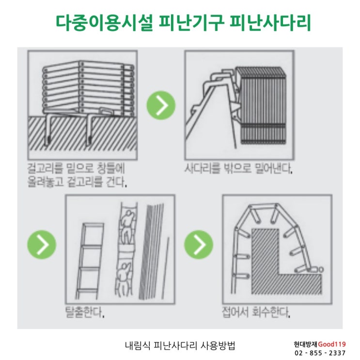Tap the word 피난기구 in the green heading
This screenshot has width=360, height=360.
(x=191, y=23)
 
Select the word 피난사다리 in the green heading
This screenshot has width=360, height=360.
(x=270, y=23)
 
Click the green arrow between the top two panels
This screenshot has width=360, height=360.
(x=161, y=105)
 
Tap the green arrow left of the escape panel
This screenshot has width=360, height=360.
(x=42, y=245)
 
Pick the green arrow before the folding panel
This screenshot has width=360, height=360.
(x=199, y=245)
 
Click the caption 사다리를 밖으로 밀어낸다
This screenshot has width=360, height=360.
(x=238, y=168)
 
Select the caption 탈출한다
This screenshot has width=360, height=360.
(x=85, y=312)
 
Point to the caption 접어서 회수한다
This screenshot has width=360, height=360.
(x=256, y=312)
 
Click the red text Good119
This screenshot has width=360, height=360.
(x=332, y=344)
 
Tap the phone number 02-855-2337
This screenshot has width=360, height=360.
(x=320, y=353)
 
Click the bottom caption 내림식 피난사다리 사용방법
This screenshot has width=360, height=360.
(x=180, y=345)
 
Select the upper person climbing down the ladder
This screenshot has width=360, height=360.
(x=127, y=227)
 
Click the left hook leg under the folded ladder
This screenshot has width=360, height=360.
(x=48, y=130)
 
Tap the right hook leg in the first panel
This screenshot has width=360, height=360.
(x=89, y=130)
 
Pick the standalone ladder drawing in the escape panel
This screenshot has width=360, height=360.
(x=90, y=261)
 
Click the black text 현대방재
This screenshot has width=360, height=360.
(x=306, y=344)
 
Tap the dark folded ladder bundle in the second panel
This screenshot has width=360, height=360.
(x=262, y=106)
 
